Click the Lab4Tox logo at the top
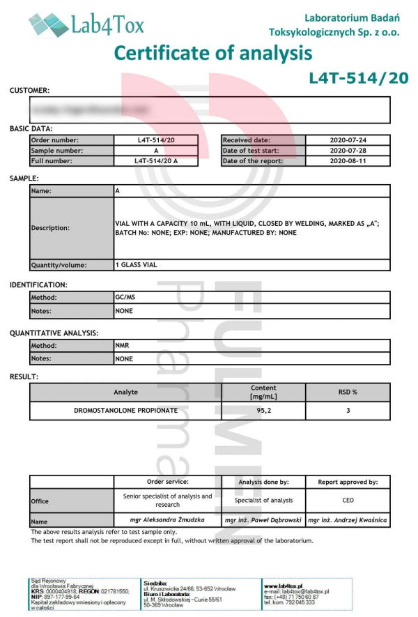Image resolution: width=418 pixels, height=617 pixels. tap(86, 26)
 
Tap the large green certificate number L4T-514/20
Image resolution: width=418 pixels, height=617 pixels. tap(358, 78)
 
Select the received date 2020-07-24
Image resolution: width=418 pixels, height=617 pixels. tap(348, 140)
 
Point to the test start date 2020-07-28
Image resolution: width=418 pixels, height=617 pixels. tap(348, 151)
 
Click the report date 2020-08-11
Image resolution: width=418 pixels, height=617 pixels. tap(348, 161)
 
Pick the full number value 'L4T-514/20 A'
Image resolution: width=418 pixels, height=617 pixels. tap(155, 161)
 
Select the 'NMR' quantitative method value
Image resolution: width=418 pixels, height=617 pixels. tap(122, 345)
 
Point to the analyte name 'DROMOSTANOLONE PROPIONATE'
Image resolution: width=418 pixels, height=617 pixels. tap(125, 411)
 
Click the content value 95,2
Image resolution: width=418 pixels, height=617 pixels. tap(263, 411)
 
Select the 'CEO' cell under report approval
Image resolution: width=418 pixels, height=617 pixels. tap(348, 500)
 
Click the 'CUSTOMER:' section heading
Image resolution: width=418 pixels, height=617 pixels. tap(29, 90)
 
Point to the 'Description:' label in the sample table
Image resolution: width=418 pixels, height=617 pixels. tap(50, 228)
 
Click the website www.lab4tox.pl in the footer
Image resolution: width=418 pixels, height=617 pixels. tap(288, 586)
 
